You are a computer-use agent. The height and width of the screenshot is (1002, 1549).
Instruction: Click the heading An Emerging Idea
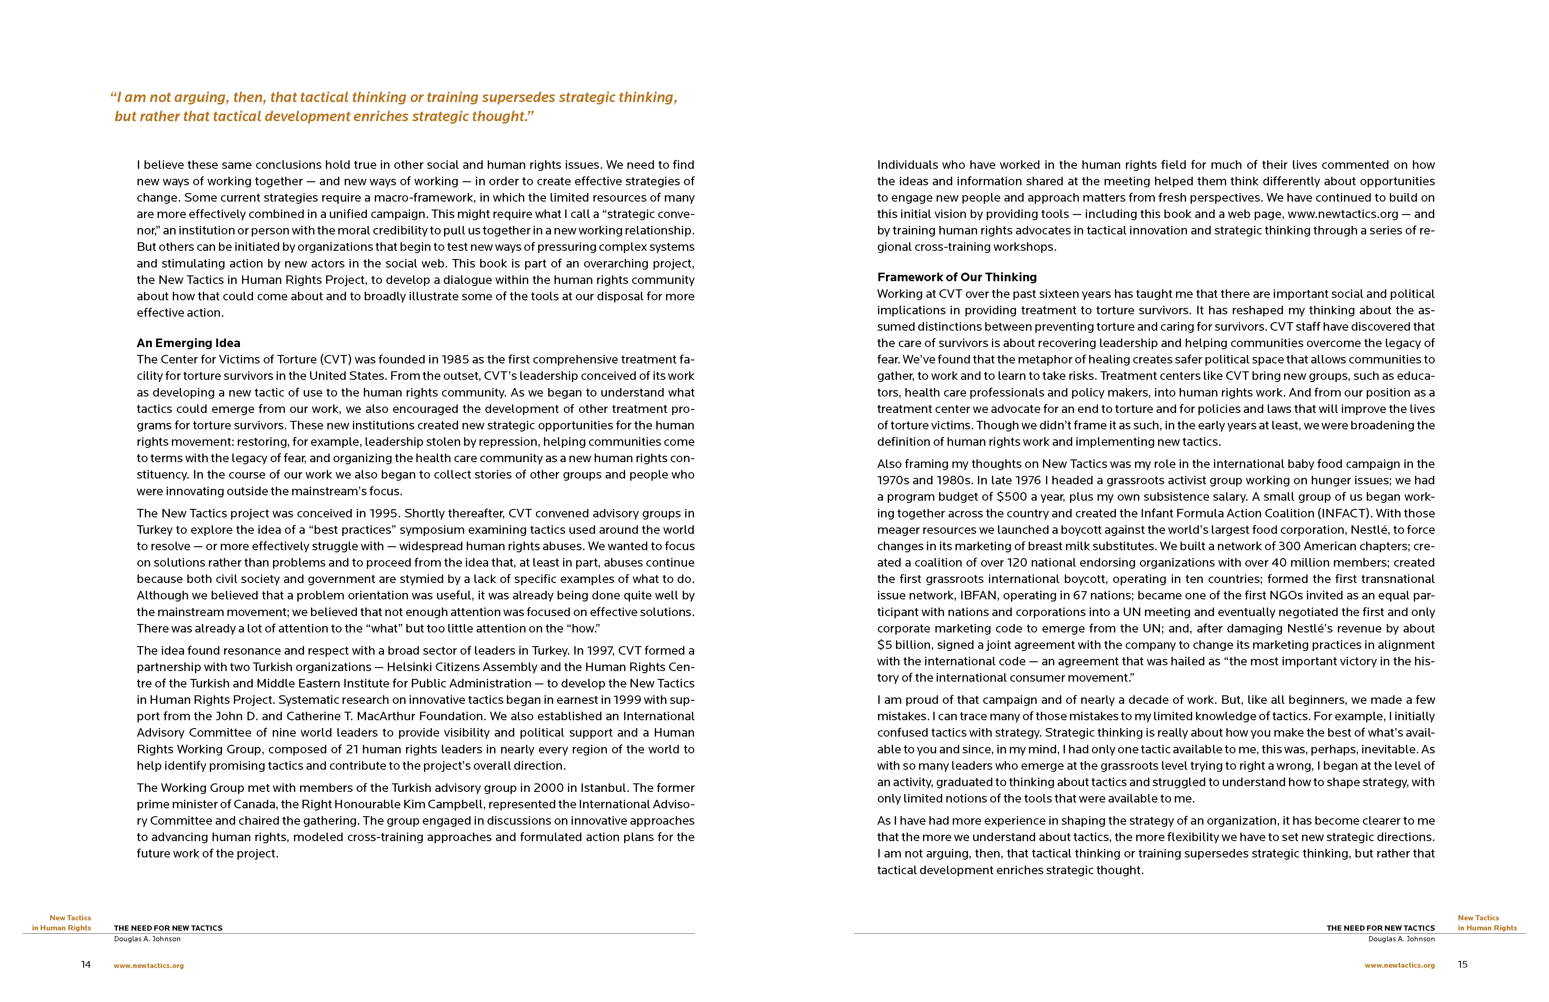[188, 343]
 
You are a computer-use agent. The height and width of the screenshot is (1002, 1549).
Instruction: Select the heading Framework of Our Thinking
[957, 277]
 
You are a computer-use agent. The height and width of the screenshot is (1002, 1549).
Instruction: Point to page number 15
[1462, 964]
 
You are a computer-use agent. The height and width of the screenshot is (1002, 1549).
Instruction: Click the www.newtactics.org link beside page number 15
[1399, 966]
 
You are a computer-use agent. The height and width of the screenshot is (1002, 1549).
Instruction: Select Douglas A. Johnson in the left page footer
[147, 939]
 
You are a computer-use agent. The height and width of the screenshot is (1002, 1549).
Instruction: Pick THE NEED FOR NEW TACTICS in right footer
[1380, 928]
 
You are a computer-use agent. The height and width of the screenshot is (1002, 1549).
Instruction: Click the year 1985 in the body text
[455, 359]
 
